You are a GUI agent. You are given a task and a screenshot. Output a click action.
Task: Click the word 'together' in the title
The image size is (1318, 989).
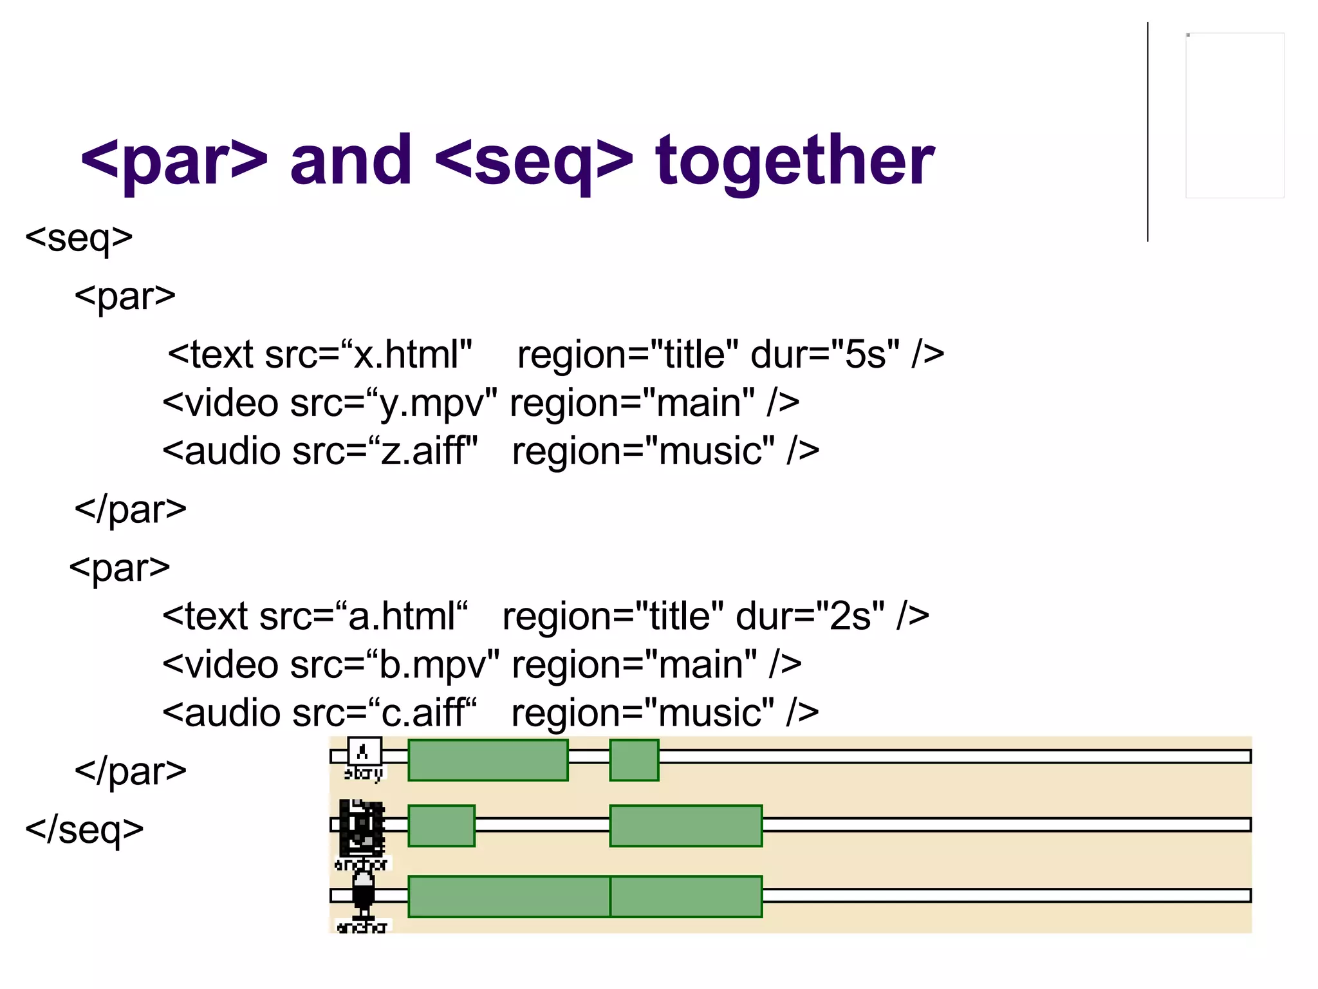click(x=794, y=161)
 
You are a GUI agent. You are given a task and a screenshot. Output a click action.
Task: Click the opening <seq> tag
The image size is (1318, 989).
click(x=79, y=238)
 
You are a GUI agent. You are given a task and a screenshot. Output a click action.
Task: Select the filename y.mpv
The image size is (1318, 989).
click(x=438, y=403)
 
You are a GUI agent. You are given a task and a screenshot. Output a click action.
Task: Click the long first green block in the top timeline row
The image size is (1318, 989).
click(x=488, y=760)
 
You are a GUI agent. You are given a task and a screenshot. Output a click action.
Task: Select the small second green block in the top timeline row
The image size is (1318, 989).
click(x=634, y=760)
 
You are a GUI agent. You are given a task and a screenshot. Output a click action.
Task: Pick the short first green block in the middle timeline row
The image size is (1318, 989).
click(x=441, y=825)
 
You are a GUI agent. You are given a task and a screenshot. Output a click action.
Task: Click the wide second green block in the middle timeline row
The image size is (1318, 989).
click(x=685, y=825)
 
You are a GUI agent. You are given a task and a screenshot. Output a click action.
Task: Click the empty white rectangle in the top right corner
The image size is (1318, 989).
click(x=1234, y=115)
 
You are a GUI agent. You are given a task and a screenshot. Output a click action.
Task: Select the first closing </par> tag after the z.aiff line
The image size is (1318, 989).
click(x=130, y=509)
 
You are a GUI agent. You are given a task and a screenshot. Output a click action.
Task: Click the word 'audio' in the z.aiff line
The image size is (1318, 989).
click(x=232, y=451)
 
